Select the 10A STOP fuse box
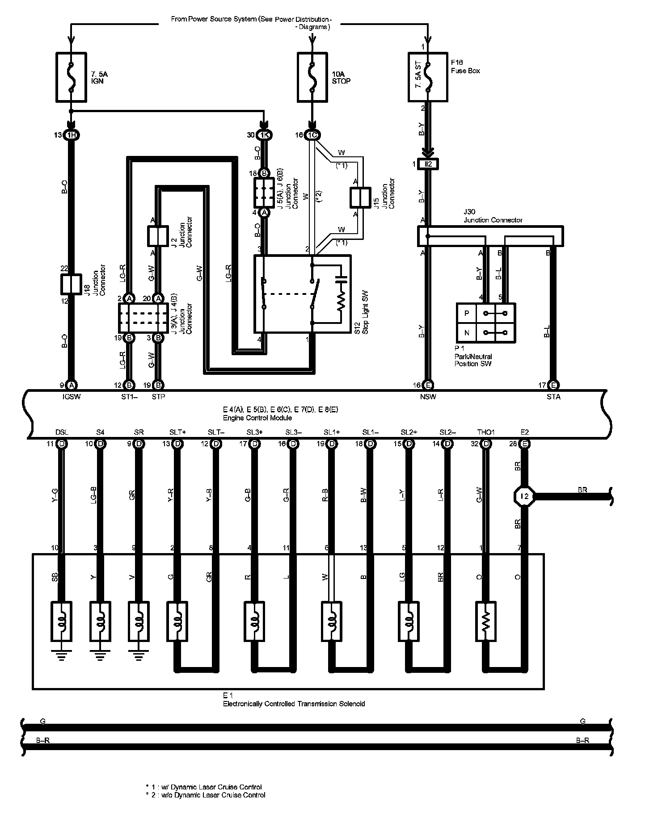point(312,77)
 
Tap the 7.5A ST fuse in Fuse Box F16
point(428,77)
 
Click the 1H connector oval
point(71,135)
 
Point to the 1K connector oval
point(264,135)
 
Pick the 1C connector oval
point(312,135)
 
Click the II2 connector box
point(428,164)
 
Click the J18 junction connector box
point(71,284)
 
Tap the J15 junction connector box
point(360,197)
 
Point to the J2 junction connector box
point(157,236)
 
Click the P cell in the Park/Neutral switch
point(467,313)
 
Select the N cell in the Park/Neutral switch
point(467,333)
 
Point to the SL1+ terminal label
point(332,432)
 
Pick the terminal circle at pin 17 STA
point(553,385)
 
